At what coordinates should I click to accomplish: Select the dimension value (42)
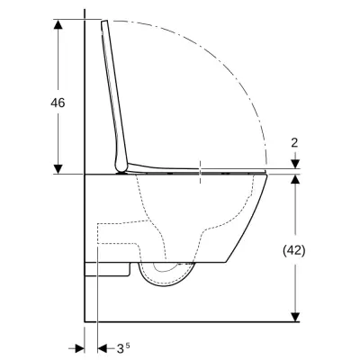[x=294, y=250]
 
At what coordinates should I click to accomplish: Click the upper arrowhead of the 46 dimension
[x=58, y=22]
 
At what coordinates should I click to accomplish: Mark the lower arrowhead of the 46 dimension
[x=58, y=168]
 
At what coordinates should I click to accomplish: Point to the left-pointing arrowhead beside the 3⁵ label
[x=93, y=346]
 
